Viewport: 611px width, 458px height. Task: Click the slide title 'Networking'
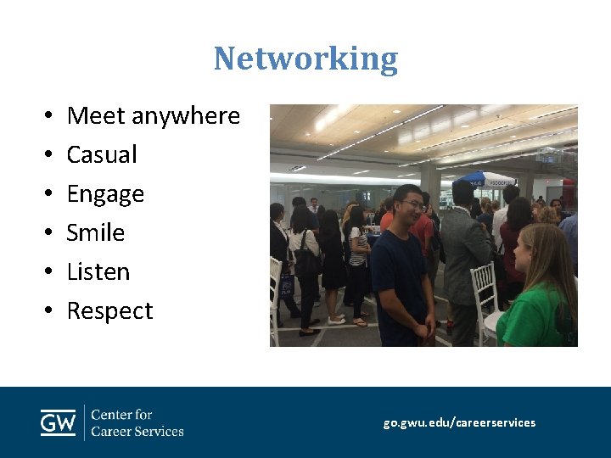[305, 59]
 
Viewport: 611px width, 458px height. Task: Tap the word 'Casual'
[102, 154]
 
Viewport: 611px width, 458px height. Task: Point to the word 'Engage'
[105, 194]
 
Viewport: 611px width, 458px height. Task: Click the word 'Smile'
[96, 232]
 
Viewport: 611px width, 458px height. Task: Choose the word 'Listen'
[98, 271]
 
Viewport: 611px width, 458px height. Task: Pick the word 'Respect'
[109, 311]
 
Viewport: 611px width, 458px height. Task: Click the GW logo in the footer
[58, 422]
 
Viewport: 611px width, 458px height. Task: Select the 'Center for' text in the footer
[121, 415]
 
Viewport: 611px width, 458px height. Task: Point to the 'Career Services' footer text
[137, 431]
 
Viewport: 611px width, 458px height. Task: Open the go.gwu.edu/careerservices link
[459, 422]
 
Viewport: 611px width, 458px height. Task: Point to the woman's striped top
[359, 246]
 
